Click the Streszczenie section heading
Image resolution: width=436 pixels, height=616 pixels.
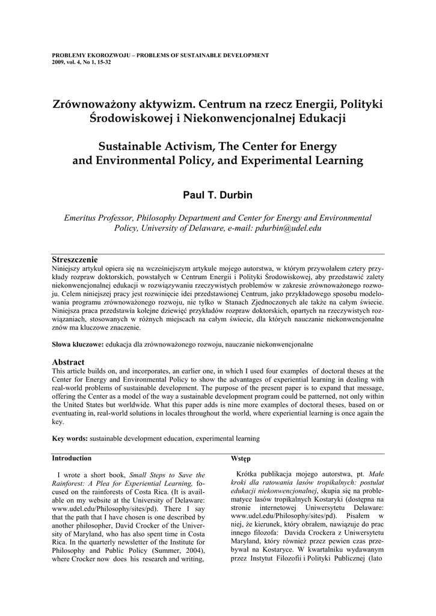tap(75, 259)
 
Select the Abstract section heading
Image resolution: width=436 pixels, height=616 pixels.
tap(68, 362)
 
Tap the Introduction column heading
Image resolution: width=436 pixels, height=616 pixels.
tap(72, 458)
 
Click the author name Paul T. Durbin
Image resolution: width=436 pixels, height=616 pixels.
tap(218, 195)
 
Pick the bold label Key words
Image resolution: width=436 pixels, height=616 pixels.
tap(70, 439)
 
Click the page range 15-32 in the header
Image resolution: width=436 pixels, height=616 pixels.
tap(103, 61)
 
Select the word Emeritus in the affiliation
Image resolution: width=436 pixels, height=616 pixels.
tap(84, 218)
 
